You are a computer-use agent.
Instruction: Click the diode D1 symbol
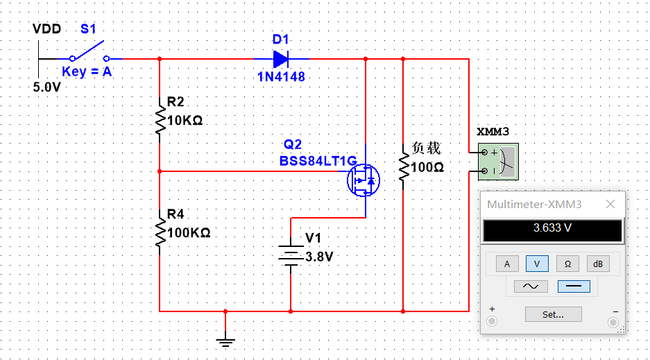(281, 59)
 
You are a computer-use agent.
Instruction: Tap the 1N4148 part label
(281, 77)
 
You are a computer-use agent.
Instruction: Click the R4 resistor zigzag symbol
(160, 232)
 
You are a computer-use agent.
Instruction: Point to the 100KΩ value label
(189, 232)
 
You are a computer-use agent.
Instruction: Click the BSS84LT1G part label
(318, 161)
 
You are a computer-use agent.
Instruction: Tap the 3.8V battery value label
(320, 256)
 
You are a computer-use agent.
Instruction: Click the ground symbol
(225, 339)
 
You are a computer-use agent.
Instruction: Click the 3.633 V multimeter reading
(553, 228)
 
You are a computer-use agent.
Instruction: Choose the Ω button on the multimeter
(567, 264)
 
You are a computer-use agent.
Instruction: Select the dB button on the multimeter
(598, 264)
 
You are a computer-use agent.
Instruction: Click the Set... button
(553, 314)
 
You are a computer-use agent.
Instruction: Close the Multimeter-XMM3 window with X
(610, 205)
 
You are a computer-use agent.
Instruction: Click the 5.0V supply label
(47, 87)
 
